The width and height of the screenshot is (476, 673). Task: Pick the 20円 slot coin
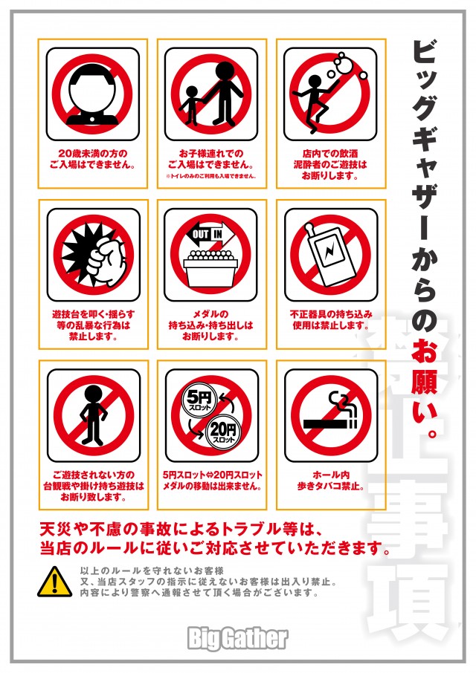click(x=222, y=431)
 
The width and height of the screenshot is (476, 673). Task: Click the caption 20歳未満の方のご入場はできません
click(x=92, y=159)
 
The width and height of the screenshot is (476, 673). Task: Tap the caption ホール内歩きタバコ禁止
click(x=330, y=481)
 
